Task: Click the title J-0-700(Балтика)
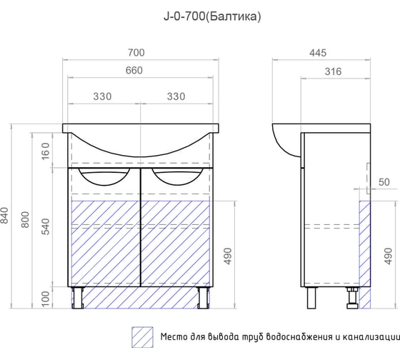tap(212, 16)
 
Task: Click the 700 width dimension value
tap(136, 53)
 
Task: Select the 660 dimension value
tap(134, 71)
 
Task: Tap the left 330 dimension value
tap(102, 96)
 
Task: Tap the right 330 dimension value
tap(176, 96)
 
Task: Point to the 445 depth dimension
tap(318, 53)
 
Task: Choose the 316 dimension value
tap(333, 71)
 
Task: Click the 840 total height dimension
tap(5, 216)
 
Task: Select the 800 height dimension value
tap(25, 219)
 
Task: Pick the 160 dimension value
tap(46, 151)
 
